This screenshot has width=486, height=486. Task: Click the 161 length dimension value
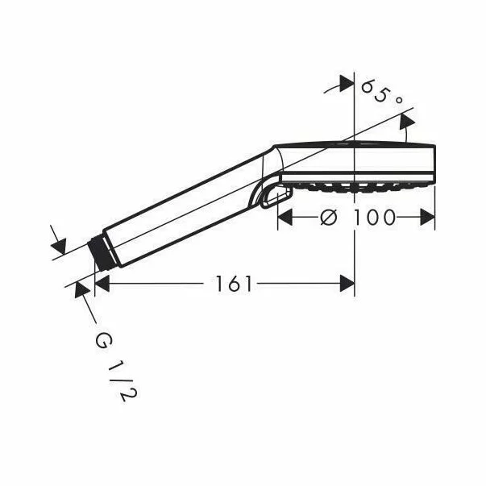point(235,283)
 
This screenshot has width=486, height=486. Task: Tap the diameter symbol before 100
point(328,218)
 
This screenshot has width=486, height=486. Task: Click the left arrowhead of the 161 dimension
point(102,283)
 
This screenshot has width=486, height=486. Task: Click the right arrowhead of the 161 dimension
point(347,283)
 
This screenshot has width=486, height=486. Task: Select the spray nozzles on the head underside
point(355,189)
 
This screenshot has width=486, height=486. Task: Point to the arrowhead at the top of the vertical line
point(347,82)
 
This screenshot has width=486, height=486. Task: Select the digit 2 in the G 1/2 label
point(122,395)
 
